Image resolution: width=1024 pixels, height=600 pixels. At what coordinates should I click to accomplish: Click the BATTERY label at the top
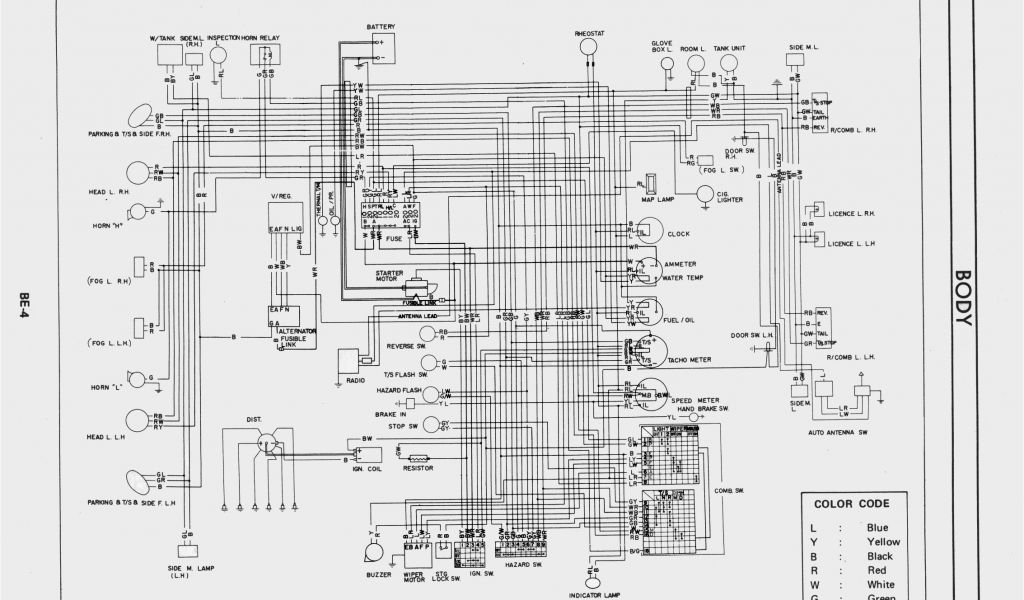(x=380, y=26)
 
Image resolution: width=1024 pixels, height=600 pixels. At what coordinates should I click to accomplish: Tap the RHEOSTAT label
(x=590, y=33)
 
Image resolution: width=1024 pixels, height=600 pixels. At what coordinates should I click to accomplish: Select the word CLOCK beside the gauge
(x=679, y=234)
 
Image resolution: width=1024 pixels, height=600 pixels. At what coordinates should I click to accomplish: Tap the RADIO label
(x=355, y=380)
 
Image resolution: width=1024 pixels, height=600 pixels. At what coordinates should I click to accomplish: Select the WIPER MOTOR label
(x=418, y=578)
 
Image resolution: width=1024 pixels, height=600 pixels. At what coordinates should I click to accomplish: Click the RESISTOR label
(x=418, y=467)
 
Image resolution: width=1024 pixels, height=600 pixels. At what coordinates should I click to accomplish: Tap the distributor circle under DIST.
(x=268, y=443)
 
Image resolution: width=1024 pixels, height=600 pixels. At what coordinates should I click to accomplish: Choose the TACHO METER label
(x=690, y=360)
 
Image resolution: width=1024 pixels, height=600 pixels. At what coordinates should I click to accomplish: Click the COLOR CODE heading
(x=845, y=503)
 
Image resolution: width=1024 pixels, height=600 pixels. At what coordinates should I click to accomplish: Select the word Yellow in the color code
(x=883, y=542)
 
